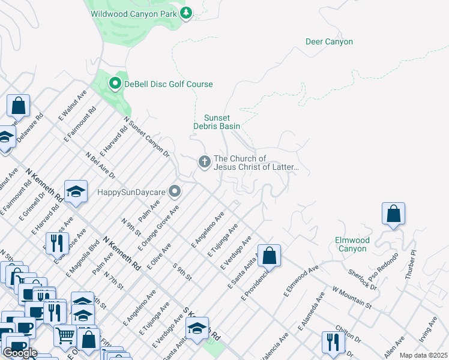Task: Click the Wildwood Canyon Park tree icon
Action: coord(186,13)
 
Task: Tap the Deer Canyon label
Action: coord(329,42)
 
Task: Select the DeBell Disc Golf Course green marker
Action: coord(115,85)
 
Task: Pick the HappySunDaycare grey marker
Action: coord(175,192)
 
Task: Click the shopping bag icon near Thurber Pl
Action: coord(393,214)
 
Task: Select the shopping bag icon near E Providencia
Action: coord(269,255)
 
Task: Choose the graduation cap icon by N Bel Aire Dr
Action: coord(76,191)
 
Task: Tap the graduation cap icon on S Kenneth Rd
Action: coord(196,328)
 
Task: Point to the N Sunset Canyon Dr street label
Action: coord(148,139)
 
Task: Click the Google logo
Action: coord(20,352)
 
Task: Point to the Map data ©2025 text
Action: coord(423,355)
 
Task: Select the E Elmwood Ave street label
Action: coord(301,281)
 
